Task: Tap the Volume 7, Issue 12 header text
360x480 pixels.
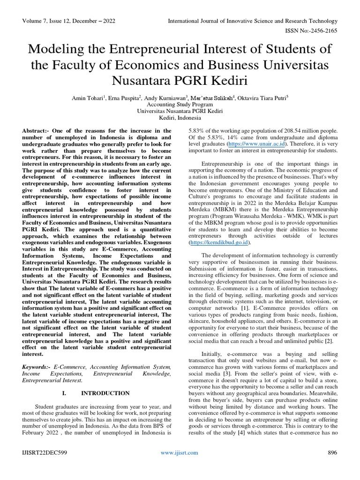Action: tap(69, 21)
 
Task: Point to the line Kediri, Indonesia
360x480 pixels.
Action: tap(180, 119)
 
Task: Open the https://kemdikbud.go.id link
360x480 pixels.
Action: tap(219, 243)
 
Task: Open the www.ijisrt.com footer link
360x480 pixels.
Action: tap(180, 453)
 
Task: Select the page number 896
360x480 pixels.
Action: tap(332, 453)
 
